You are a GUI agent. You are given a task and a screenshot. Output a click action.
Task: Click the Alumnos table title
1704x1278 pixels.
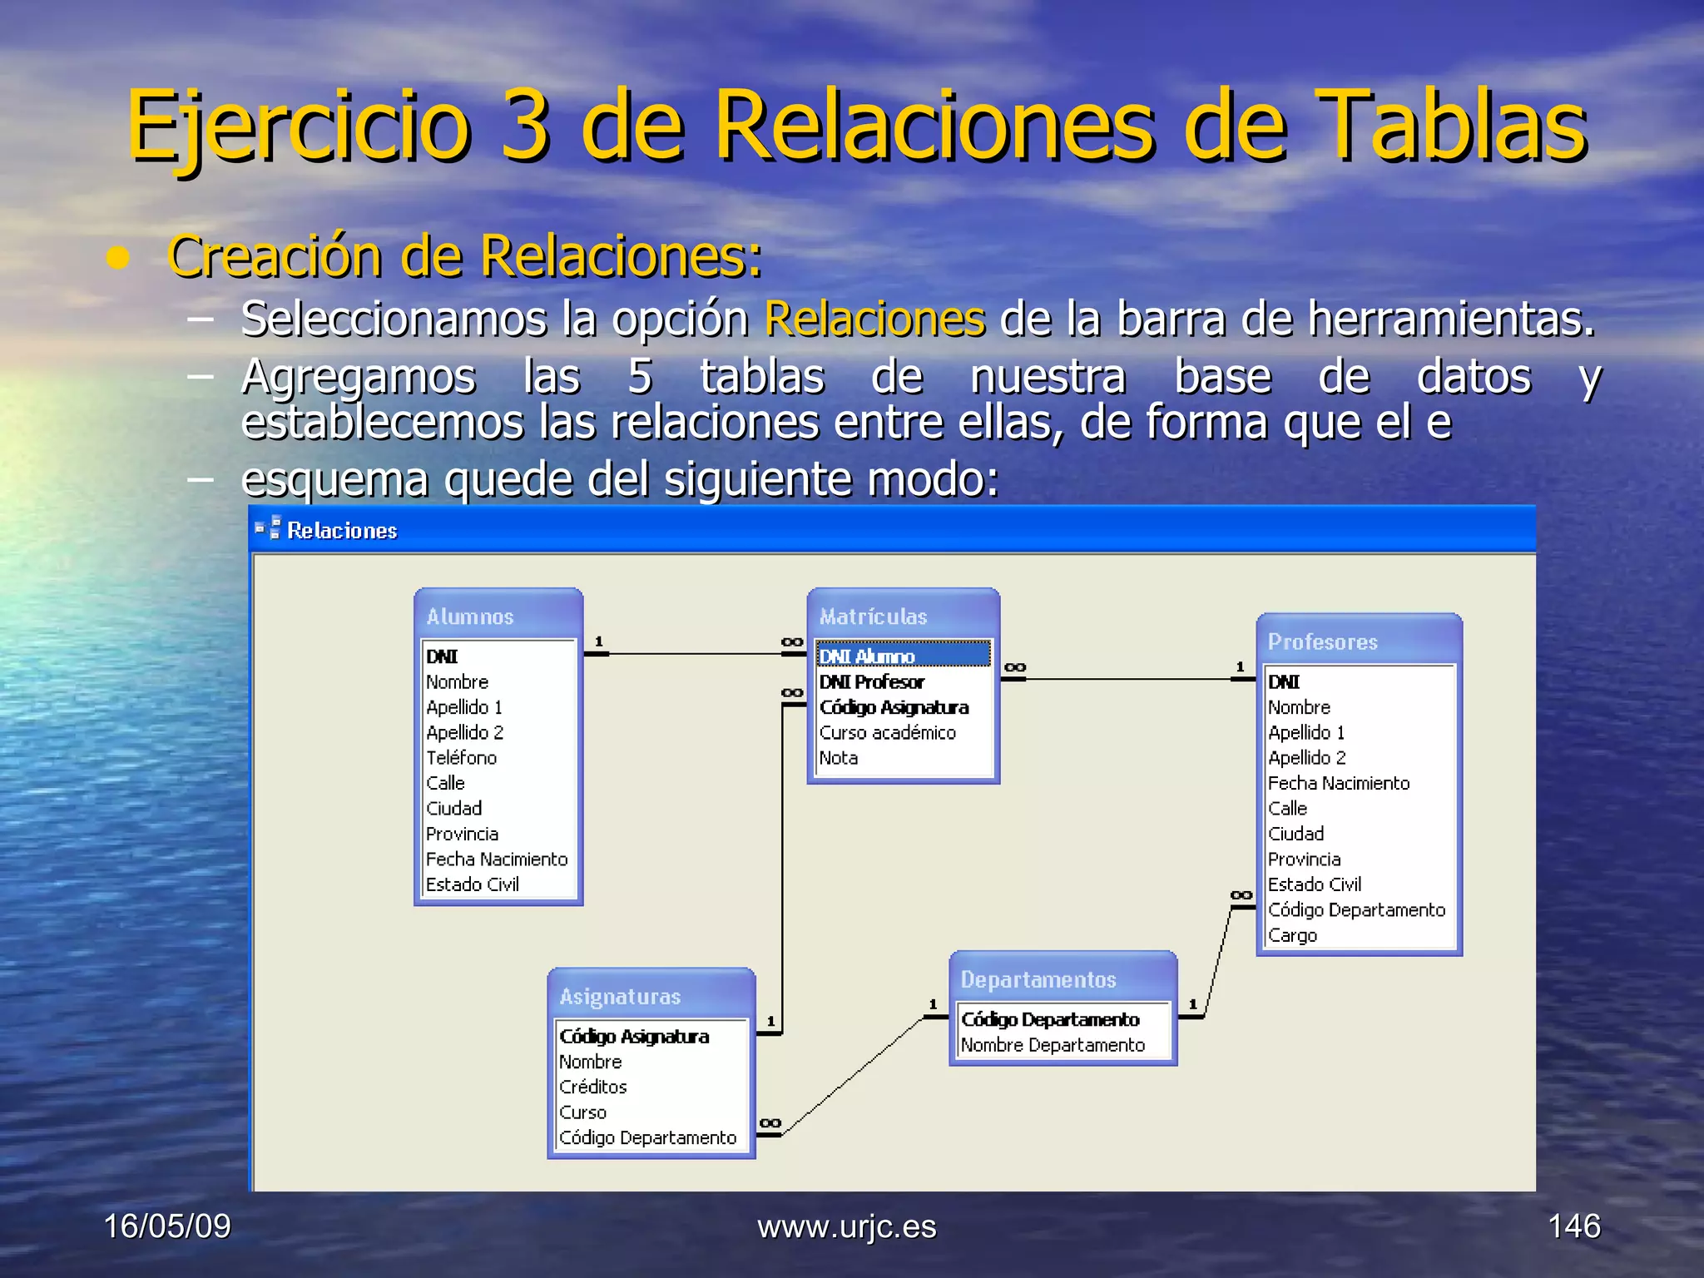[x=470, y=617]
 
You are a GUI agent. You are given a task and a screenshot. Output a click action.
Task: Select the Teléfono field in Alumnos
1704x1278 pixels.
[x=461, y=758]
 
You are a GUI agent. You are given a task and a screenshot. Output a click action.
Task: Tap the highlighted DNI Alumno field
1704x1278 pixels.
[x=867, y=656]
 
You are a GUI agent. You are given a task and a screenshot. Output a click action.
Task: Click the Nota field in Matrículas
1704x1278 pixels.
[x=839, y=758]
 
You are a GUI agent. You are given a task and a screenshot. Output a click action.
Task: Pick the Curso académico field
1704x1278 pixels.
[x=887, y=733]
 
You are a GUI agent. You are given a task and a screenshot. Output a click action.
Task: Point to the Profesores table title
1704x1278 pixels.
[x=1323, y=642]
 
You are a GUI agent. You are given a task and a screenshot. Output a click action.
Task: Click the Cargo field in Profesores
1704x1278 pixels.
[x=1292, y=935]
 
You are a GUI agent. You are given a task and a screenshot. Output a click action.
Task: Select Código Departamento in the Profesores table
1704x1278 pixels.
[x=1356, y=910]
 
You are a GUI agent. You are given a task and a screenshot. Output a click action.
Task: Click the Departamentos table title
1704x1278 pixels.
[x=1038, y=980]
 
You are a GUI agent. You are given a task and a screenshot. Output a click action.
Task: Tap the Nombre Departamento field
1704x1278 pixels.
[x=1053, y=1045]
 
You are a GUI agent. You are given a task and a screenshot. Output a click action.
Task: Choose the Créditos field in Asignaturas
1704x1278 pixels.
[x=592, y=1087]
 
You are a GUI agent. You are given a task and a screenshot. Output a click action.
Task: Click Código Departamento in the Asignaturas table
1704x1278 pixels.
[x=647, y=1138]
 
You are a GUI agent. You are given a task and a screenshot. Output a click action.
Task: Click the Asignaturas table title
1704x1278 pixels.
[x=620, y=997]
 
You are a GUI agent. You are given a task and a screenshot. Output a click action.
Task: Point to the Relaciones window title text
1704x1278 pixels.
[x=342, y=531]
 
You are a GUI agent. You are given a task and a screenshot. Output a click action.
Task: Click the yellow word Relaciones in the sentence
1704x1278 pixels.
[x=874, y=319]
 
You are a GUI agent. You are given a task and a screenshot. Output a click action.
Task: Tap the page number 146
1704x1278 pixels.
[x=1573, y=1226]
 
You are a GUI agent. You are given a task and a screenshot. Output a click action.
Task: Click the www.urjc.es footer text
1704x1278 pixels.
[x=846, y=1227]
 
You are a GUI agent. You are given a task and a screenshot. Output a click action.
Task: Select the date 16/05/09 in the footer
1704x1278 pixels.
[x=167, y=1226]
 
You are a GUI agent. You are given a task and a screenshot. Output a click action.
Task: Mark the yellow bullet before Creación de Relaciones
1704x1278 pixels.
[x=118, y=259]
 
